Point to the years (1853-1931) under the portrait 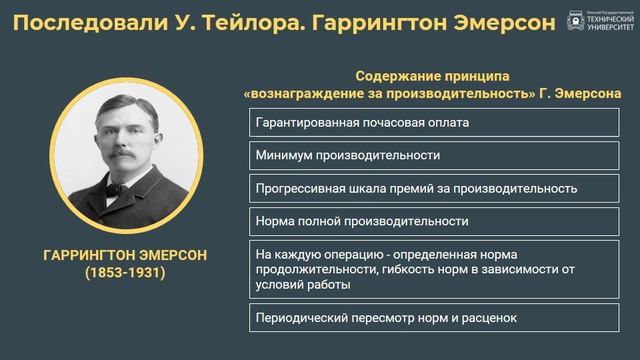tap(125, 273)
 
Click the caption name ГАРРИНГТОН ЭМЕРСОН tap(125, 256)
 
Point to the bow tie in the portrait tap(125, 189)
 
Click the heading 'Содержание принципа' tap(433, 76)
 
